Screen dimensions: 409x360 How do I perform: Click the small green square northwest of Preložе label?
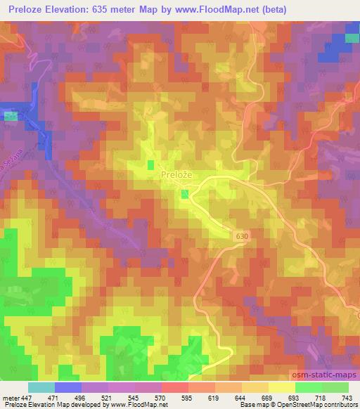(x=150, y=165)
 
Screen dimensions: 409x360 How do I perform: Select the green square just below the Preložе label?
(x=185, y=194)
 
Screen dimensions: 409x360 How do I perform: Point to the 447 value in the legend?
(x=27, y=398)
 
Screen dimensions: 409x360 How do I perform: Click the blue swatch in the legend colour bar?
(x=67, y=387)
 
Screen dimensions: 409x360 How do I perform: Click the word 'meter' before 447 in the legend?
(x=11, y=398)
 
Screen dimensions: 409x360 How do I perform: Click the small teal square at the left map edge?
(x=10, y=116)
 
